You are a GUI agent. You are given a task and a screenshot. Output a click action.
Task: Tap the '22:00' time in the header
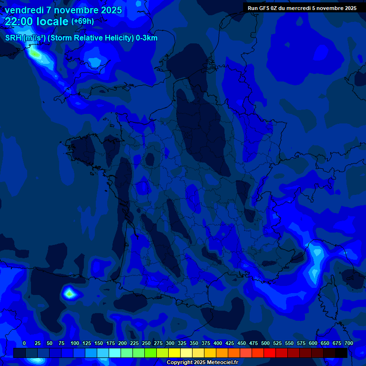click(x=20, y=21)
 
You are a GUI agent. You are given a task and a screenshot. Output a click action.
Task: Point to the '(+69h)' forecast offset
click(x=82, y=21)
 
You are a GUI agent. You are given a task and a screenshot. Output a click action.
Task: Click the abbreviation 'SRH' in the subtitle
click(x=13, y=38)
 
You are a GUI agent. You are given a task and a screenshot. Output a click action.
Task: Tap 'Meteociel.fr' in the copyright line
click(x=223, y=363)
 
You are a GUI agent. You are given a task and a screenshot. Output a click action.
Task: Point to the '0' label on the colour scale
click(x=24, y=343)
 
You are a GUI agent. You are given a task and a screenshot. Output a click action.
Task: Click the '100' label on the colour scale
click(x=74, y=343)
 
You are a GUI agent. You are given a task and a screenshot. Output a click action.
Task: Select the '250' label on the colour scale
click(x=146, y=343)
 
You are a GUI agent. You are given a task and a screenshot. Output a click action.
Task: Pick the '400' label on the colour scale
click(x=217, y=343)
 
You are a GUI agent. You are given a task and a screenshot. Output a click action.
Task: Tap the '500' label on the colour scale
click(x=265, y=343)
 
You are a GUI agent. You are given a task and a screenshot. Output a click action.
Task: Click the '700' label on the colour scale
click(x=348, y=343)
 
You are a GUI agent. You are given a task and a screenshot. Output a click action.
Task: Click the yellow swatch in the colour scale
click(x=174, y=353)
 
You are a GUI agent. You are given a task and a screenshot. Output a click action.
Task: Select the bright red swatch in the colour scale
click(x=269, y=353)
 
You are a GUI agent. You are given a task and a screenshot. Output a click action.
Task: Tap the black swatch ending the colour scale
click(x=341, y=353)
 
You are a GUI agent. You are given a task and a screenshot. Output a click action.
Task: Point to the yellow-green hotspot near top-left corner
click(x=35, y=54)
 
